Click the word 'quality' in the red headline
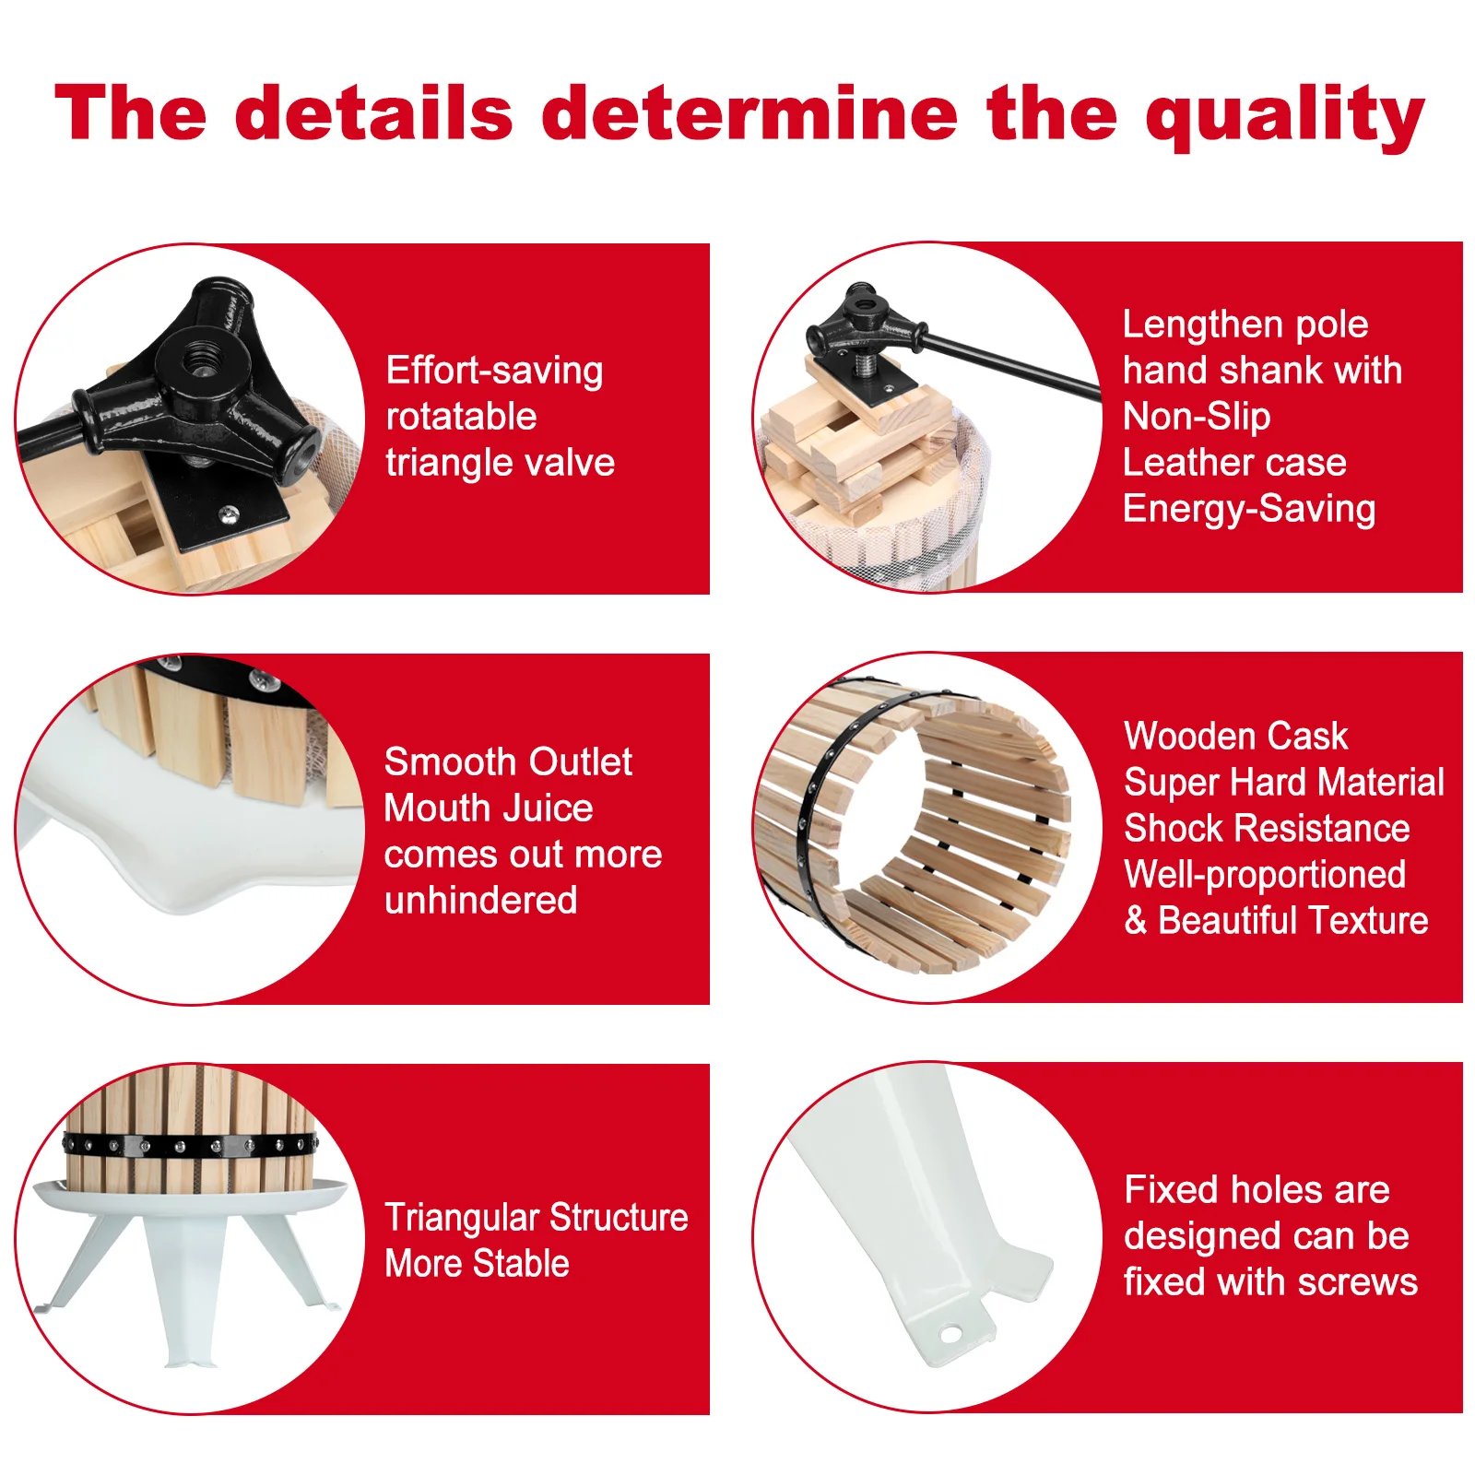click(1285, 116)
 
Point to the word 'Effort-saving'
click(494, 371)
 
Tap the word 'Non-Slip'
click(1197, 417)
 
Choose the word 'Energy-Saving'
click(1249, 509)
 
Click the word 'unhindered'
click(480, 901)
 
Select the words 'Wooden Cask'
click(1235, 737)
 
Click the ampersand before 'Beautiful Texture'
click(1135, 921)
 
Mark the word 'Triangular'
click(458, 1218)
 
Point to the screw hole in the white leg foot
click(950, 1333)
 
